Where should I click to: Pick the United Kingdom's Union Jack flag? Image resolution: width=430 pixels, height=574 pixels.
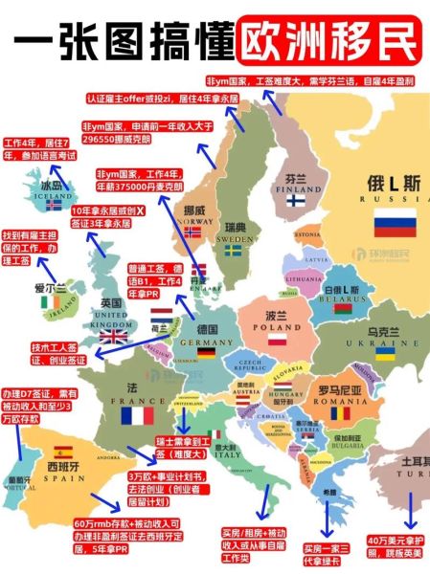[114, 336]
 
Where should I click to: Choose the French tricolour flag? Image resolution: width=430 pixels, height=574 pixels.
[138, 416]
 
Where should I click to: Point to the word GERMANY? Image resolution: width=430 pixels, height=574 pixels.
[211, 341]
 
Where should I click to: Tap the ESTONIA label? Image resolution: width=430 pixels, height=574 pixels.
[308, 234]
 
